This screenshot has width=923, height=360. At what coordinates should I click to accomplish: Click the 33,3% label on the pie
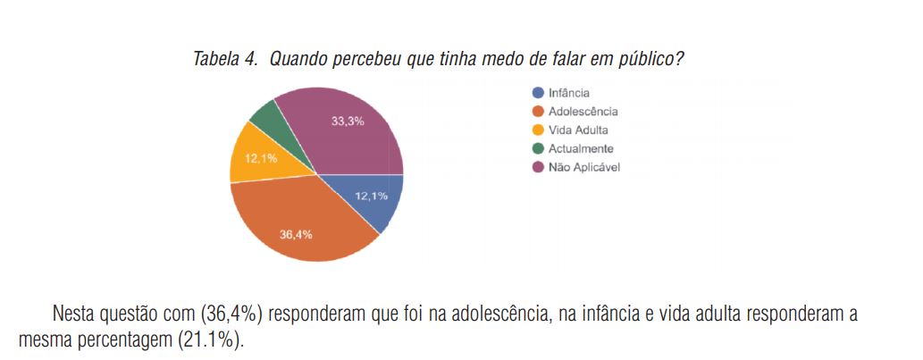[348, 121]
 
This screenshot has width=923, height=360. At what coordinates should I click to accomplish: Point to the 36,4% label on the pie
[296, 235]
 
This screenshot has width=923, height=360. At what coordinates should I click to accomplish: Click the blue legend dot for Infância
[538, 93]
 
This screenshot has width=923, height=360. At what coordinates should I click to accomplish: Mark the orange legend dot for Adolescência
[538, 112]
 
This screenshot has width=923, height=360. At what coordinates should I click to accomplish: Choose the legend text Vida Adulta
[578, 130]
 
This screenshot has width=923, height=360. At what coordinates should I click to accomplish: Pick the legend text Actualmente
[581, 148]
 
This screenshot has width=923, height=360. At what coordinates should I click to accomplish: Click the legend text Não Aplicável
[584, 167]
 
